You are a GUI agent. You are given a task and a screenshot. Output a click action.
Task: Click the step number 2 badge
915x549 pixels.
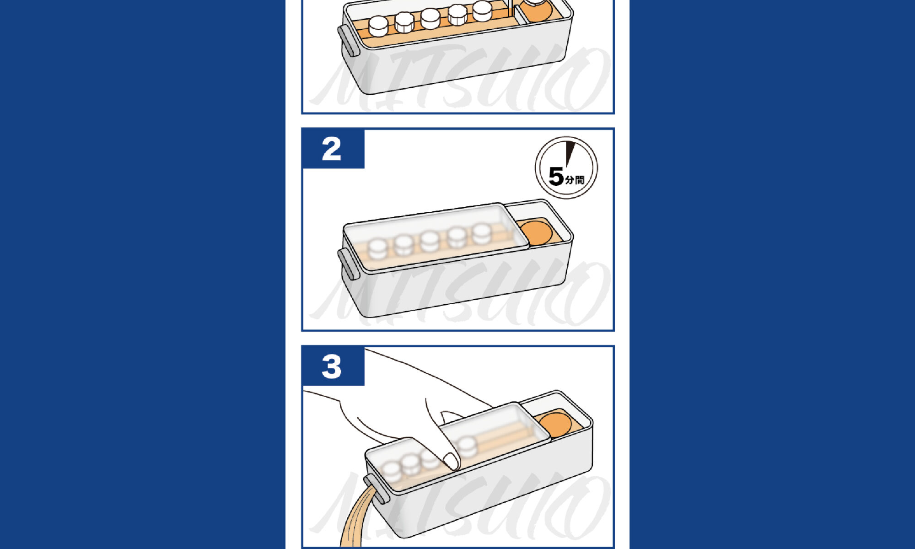click(x=333, y=149)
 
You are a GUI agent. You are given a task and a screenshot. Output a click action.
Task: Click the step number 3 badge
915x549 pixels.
click(x=333, y=366)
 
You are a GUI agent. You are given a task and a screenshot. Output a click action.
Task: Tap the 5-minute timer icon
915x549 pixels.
click(x=566, y=167)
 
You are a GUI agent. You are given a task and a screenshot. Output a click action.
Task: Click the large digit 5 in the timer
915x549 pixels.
click(x=556, y=177)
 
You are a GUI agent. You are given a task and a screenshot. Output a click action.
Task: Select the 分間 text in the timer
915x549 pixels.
click(x=575, y=179)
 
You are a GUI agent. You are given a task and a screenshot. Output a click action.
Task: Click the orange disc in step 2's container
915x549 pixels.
click(x=537, y=232)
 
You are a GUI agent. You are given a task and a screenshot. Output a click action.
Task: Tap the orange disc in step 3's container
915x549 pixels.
click(x=554, y=425)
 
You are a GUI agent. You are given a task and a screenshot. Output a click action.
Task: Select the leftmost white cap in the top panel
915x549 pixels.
click(x=378, y=26)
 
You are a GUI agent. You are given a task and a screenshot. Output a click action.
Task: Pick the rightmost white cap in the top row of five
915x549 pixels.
click(x=482, y=11)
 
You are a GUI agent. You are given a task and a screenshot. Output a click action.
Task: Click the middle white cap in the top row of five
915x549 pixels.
click(x=430, y=18)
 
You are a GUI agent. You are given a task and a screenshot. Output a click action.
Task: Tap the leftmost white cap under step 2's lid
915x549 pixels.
click(x=378, y=249)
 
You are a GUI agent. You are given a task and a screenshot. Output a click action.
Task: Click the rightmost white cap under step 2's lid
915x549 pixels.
click(x=482, y=234)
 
